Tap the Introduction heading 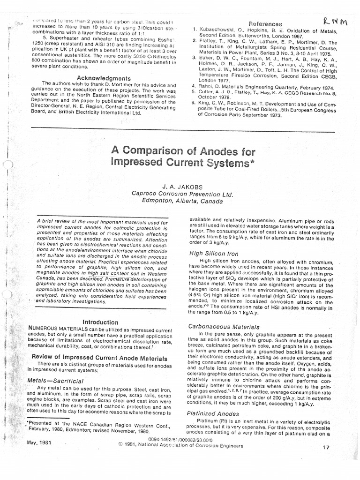pos(100,322)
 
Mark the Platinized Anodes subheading pos(214,413)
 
